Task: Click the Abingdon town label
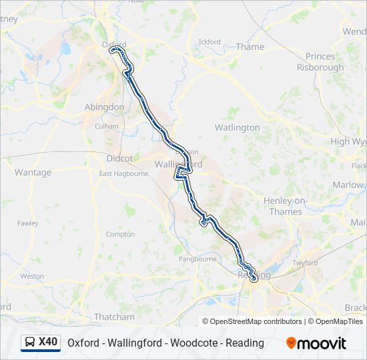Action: click(x=104, y=107)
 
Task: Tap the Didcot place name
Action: click(x=119, y=159)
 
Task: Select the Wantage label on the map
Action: click(x=33, y=172)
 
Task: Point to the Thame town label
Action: click(x=250, y=47)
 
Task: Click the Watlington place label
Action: click(x=237, y=127)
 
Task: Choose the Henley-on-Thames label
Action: click(x=283, y=207)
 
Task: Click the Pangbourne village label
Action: click(x=197, y=259)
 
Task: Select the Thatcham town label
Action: click(x=114, y=317)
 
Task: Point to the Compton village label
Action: click(x=120, y=234)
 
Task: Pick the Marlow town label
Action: click(x=348, y=185)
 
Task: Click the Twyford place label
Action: click(x=305, y=263)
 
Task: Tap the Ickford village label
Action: click(x=210, y=42)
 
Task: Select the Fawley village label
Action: click(x=28, y=223)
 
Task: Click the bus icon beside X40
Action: click(x=30, y=343)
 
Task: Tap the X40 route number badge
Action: click(x=48, y=343)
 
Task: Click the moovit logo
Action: click(x=316, y=343)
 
